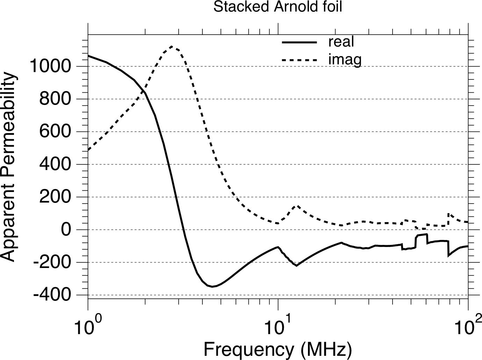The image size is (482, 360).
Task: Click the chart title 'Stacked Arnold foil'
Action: point(278,7)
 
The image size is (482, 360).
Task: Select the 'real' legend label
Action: point(341,42)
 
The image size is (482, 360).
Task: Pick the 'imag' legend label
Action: point(345,60)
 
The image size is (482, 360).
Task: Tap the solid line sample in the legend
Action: point(299,42)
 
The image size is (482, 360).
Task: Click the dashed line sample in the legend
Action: point(299,60)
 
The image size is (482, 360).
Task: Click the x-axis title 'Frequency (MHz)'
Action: point(278,349)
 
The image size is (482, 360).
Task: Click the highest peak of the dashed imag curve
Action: point(171,46)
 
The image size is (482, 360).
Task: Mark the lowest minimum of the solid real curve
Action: point(212,287)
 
